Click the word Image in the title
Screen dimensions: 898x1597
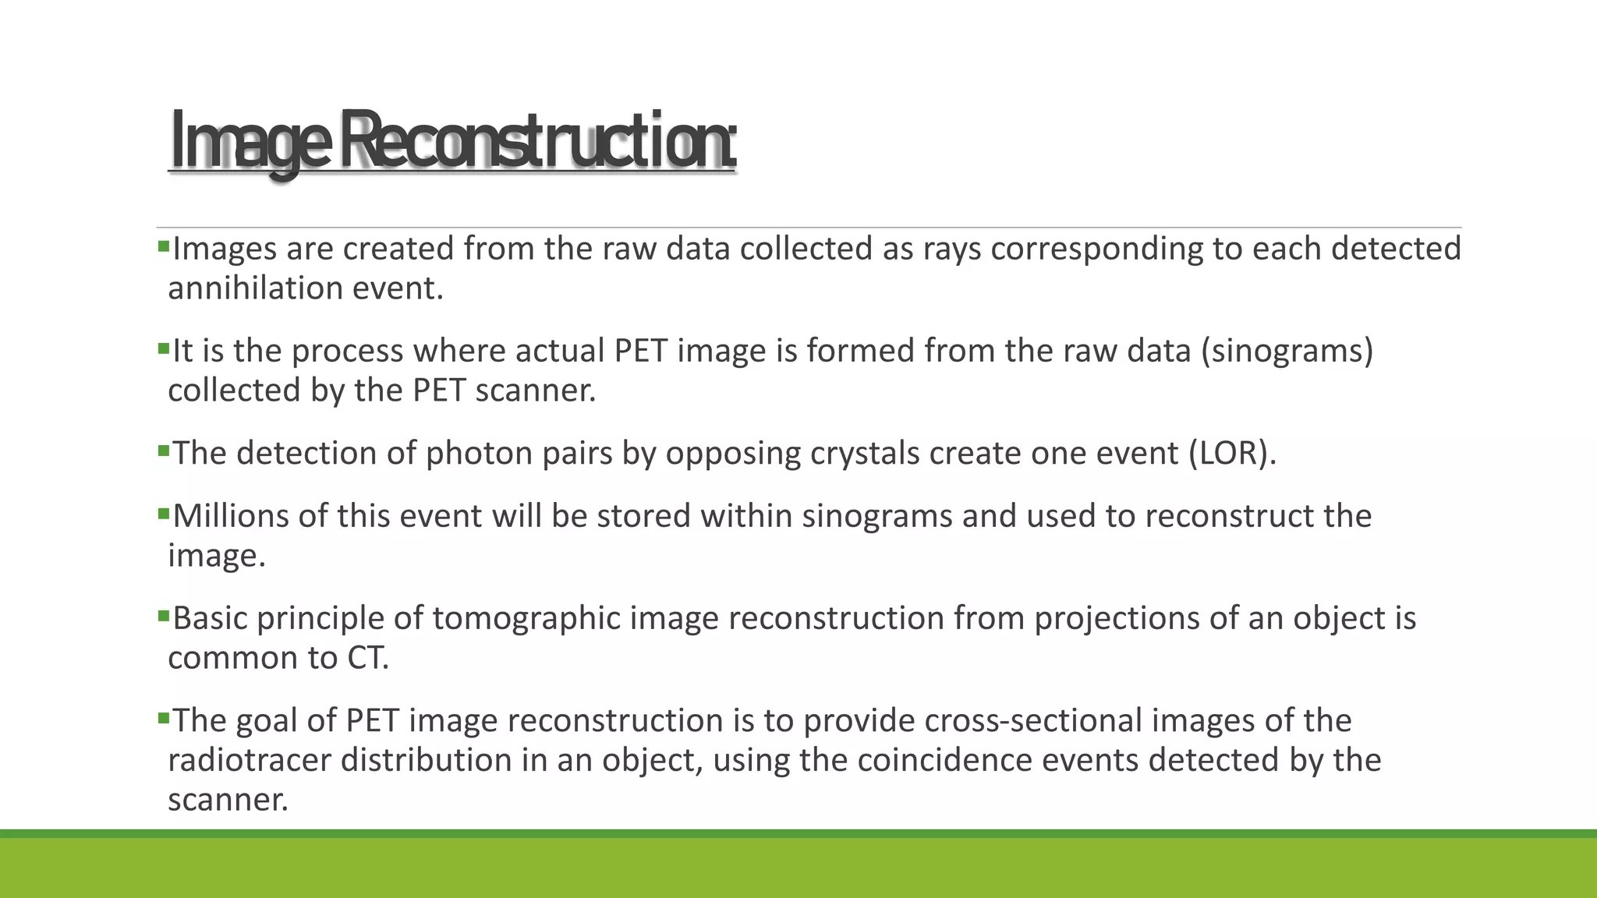(x=249, y=142)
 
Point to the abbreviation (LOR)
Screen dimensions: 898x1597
(x=1232, y=453)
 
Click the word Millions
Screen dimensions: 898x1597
(x=237, y=516)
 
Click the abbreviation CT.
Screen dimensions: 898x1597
(x=367, y=658)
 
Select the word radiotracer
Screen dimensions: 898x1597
(x=250, y=760)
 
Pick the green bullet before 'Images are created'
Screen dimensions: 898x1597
(x=163, y=247)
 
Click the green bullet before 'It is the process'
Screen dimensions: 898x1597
(x=163, y=349)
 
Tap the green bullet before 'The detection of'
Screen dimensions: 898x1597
(x=163, y=451)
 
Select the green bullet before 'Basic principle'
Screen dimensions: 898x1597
(x=163, y=617)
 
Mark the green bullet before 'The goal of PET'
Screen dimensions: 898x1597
(x=163, y=719)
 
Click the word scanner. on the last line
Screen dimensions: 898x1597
(x=228, y=800)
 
